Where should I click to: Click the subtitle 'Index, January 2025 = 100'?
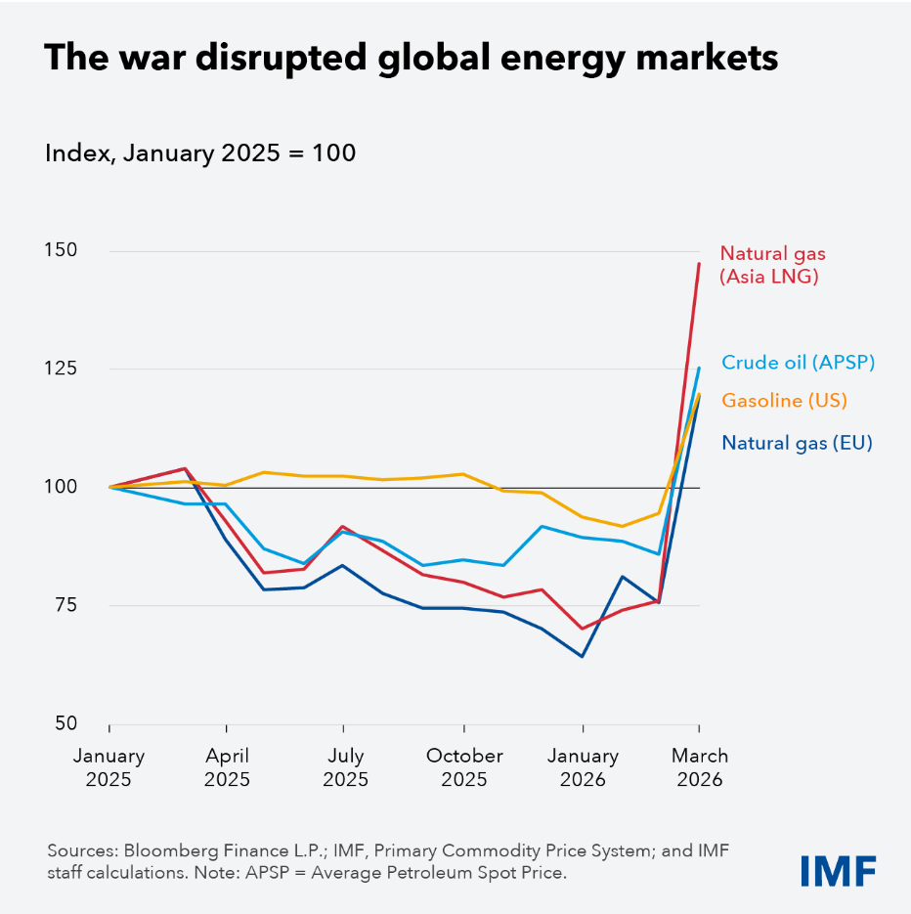(200, 153)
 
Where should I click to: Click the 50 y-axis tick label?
(66, 723)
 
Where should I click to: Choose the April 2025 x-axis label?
(227, 767)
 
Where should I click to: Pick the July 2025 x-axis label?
(345, 767)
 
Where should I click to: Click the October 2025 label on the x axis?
(464, 767)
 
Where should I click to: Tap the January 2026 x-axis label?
(583, 767)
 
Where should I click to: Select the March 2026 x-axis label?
(700, 767)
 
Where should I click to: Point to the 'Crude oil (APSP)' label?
(798, 363)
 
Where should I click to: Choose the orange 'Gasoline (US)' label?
(784, 400)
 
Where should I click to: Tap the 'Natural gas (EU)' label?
(797, 443)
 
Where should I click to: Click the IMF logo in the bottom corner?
(838, 869)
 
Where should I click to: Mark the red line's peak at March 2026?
(699, 263)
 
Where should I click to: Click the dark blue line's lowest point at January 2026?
(583, 656)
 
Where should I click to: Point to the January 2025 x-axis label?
(108, 767)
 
